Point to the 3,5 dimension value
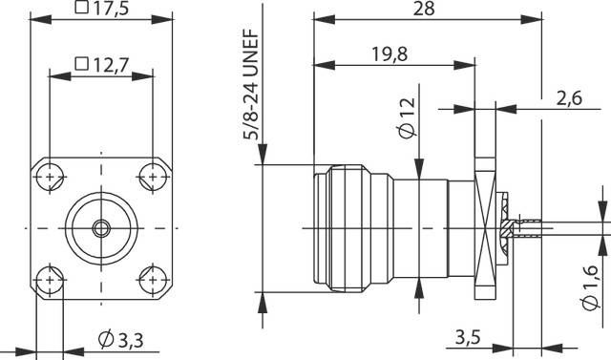(469, 337)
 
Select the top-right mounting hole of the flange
(152, 177)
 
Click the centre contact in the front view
(100, 228)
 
